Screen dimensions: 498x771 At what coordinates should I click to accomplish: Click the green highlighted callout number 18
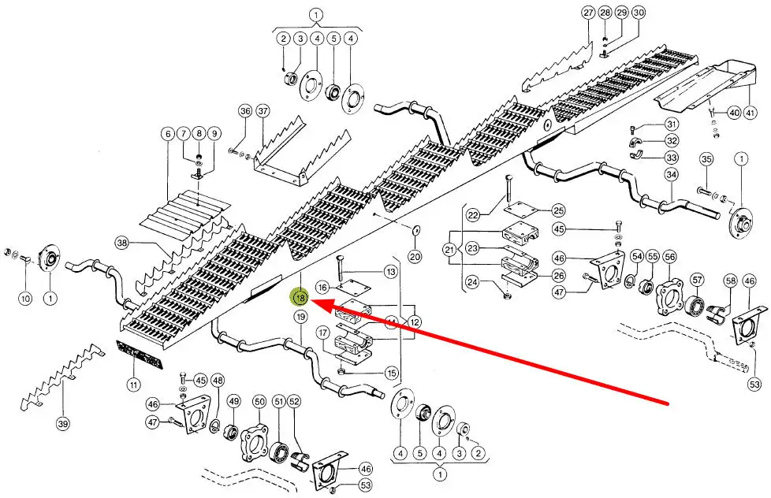pyautogui.click(x=300, y=298)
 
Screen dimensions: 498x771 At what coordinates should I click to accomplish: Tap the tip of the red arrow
pyautogui.click(x=313, y=300)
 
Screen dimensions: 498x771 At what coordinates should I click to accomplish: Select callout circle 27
pyautogui.click(x=588, y=13)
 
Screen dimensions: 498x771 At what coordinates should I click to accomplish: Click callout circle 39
pyautogui.click(x=62, y=424)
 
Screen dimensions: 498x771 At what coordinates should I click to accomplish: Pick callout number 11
pyautogui.click(x=133, y=385)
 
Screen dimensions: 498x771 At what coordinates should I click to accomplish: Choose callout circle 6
pyautogui.click(x=167, y=134)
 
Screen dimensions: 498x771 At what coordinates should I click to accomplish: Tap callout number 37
pyautogui.click(x=263, y=111)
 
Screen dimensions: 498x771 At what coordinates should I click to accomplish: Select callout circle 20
pyautogui.click(x=415, y=256)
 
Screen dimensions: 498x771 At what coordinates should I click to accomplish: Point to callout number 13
pyautogui.click(x=390, y=272)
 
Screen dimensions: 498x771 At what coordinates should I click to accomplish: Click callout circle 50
pyautogui.click(x=259, y=403)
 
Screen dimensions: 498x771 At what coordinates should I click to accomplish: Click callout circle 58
pyautogui.click(x=730, y=281)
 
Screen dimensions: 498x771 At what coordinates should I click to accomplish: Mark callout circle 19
pyautogui.click(x=300, y=317)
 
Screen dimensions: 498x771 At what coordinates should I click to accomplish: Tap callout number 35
pyautogui.click(x=706, y=159)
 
